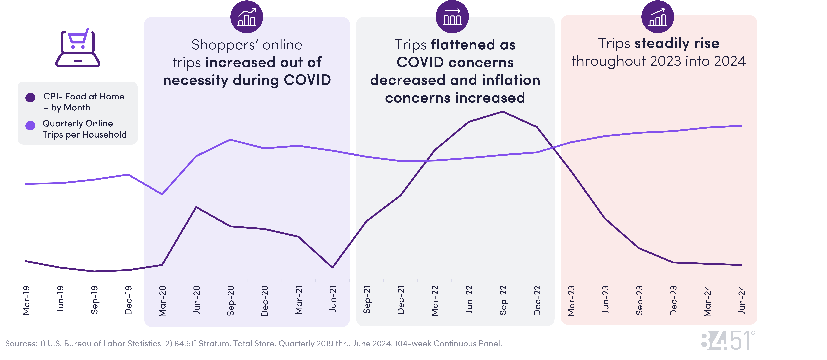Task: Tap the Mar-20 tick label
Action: (162, 301)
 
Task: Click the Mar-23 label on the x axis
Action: (571, 301)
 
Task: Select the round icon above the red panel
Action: (657, 17)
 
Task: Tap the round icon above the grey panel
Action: (452, 17)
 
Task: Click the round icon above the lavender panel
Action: (247, 17)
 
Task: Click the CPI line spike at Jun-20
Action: (196, 207)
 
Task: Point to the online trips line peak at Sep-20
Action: (230, 140)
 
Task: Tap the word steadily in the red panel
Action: (662, 43)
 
